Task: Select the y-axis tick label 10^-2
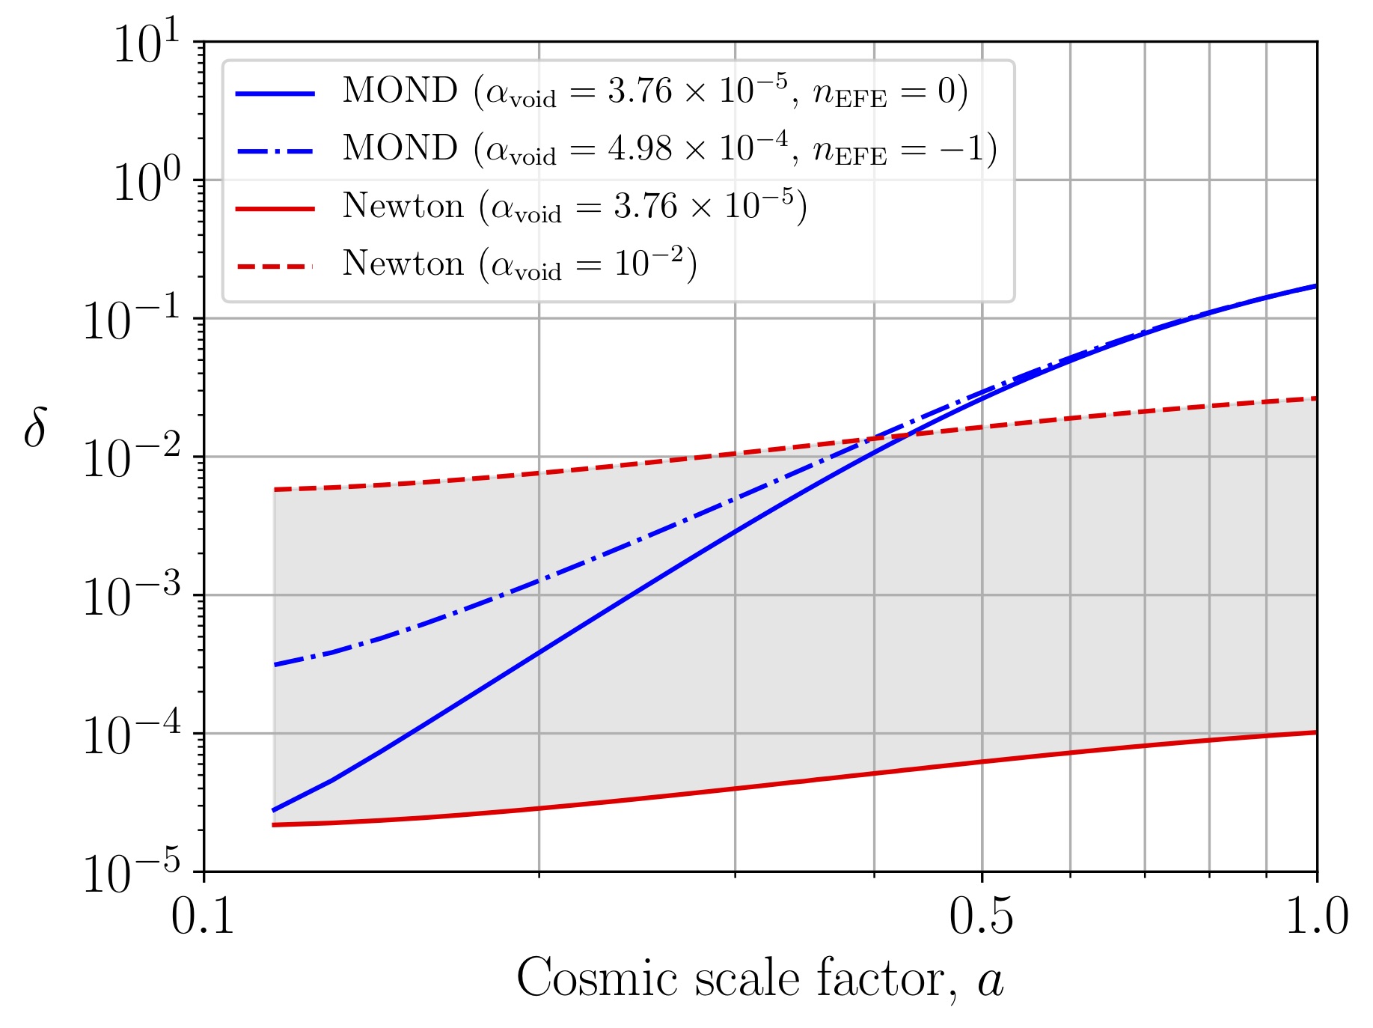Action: coord(132,457)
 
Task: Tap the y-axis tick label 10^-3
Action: coord(132,596)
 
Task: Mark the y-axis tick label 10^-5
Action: coord(132,872)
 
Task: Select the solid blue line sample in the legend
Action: coord(275,94)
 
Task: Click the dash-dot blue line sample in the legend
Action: coord(275,151)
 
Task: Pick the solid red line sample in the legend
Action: coord(275,209)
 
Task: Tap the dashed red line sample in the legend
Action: coord(275,267)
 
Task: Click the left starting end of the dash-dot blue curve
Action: coord(275,665)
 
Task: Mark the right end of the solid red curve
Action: coord(1316,732)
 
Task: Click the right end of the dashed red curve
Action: coord(1316,398)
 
